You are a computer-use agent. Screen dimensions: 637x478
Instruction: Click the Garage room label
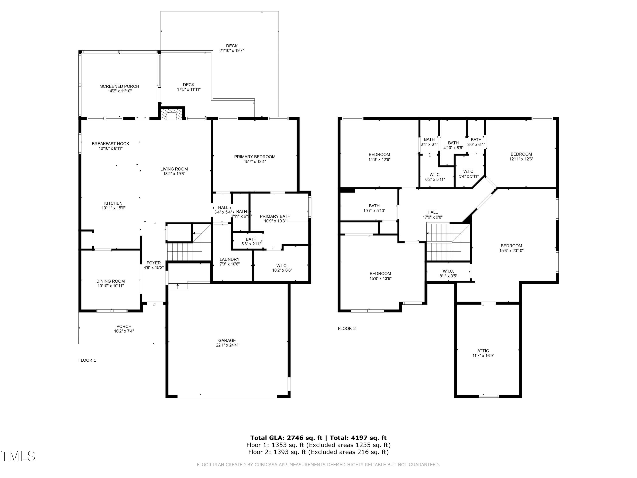pyautogui.click(x=227, y=340)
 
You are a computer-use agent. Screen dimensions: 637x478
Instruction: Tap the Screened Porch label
pyautogui.click(x=120, y=86)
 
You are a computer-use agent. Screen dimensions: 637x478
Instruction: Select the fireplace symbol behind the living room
pyautogui.click(x=172, y=114)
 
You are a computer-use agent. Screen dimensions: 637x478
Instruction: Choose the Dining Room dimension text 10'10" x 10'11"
pyautogui.click(x=111, y=286)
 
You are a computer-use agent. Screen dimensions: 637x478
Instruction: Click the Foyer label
pyautogui.click(x=154, y=263)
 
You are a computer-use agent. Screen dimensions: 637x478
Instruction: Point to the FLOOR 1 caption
pyautogui.click(x=87, y=360)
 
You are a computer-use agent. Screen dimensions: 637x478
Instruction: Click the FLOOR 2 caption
pyautogui.click(x=347, y=328)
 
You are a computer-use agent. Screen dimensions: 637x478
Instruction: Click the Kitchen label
pyautogui.click(x=113, y=203)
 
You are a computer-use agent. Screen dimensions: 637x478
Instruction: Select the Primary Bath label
pyautogui.click(x=275, y=216)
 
